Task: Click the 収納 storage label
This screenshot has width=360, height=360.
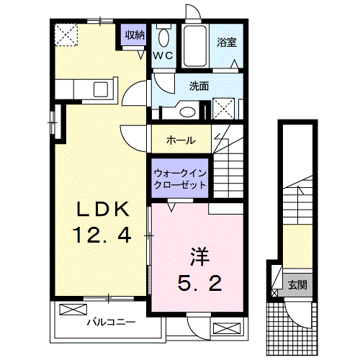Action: click(x=135, y=34)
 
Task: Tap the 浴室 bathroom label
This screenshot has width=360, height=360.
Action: click(x=227, y=42)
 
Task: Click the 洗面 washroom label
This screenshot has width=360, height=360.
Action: click(x=199, y=86)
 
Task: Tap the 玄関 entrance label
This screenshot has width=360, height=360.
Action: click(x=298, y=285)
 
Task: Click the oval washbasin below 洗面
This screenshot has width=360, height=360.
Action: click(x=188, y=112)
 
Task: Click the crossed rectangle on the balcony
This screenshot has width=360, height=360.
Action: click(x=73, y=310)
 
